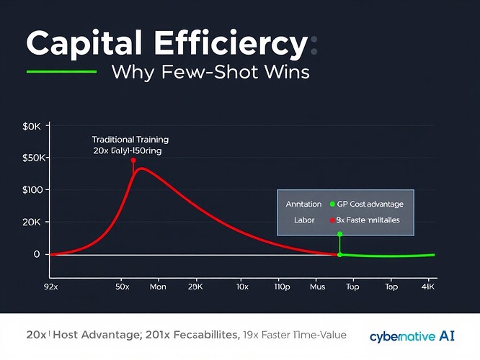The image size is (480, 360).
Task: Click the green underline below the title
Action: click(x=61, y=72)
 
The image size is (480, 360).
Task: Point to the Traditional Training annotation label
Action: click(x=130, y=139)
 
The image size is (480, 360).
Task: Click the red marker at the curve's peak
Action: click(x=133, y=161)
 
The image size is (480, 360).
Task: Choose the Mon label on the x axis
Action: click(x=158, y=287)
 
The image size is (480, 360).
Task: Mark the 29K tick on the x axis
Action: click(x=195, y=287)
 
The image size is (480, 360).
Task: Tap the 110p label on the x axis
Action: click(x=282, y=287)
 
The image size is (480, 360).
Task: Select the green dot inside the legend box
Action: click(x=332, y=204)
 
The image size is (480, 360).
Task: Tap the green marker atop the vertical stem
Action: click(x=339, y=234)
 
